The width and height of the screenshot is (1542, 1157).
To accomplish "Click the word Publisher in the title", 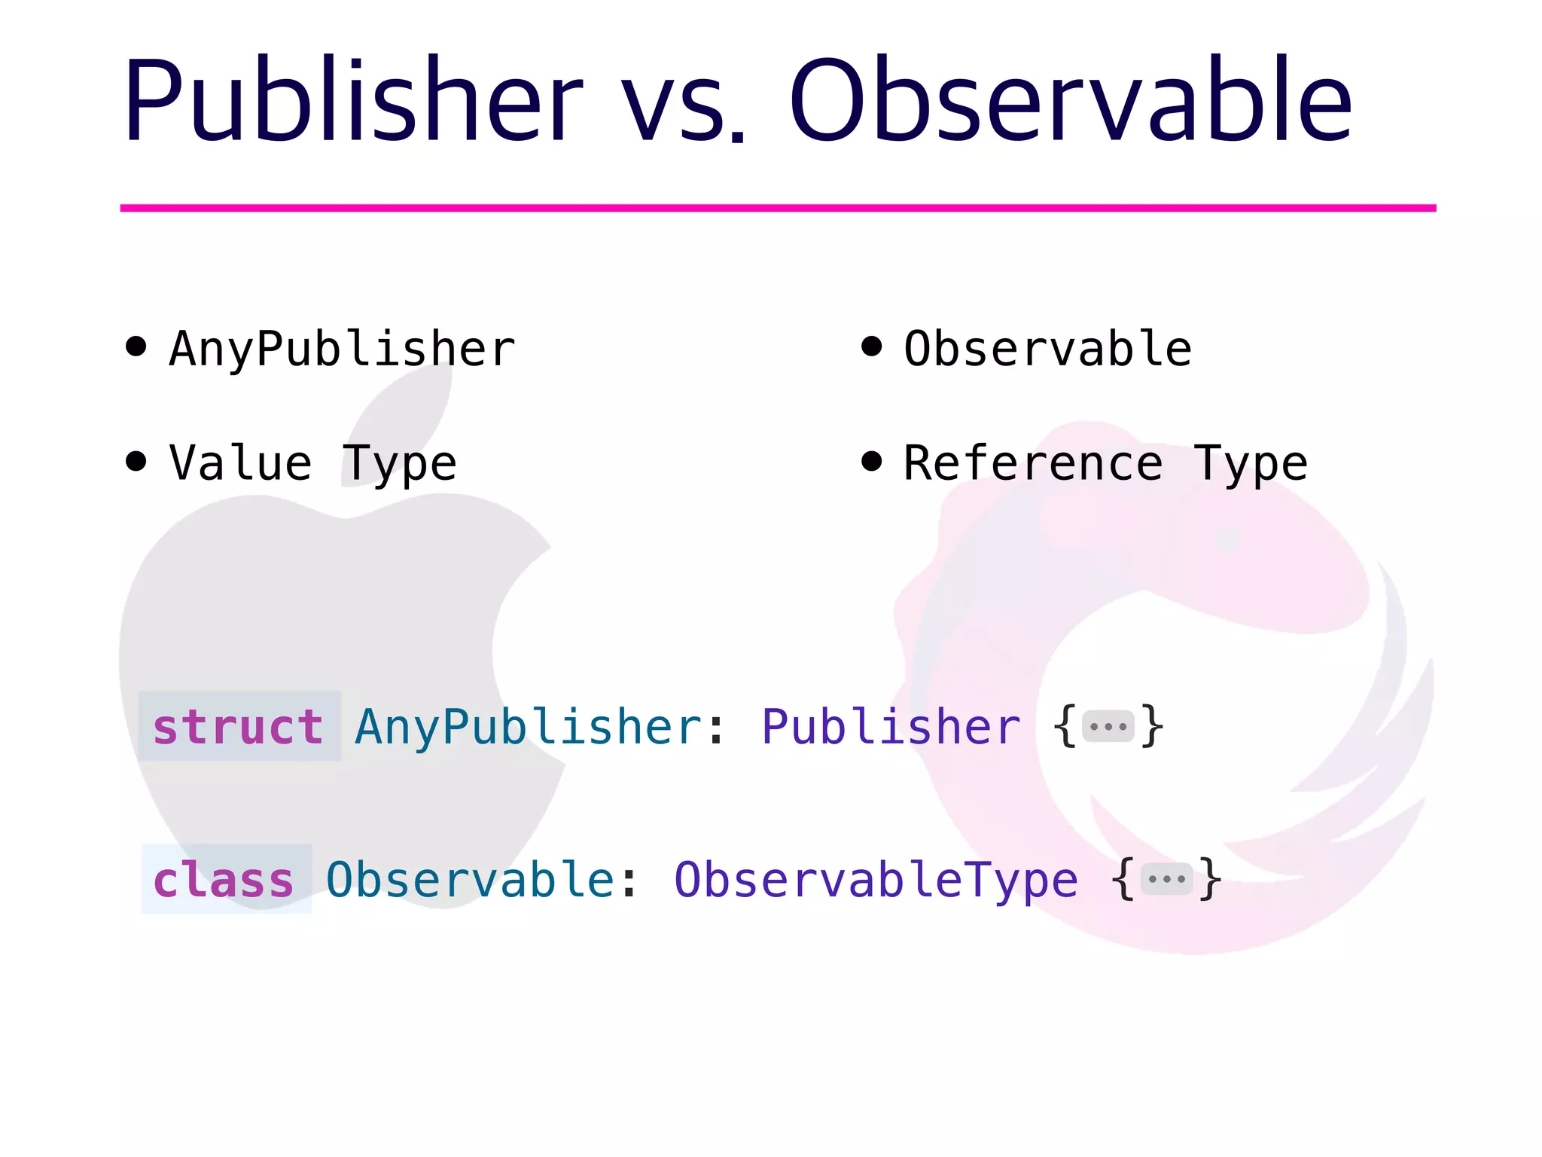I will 352,102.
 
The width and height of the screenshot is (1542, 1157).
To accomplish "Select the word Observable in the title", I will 1070,102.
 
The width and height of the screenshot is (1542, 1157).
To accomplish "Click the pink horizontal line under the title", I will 778,208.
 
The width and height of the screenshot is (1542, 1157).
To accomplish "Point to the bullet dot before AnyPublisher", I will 136,346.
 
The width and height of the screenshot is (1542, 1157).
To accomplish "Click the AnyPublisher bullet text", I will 343,349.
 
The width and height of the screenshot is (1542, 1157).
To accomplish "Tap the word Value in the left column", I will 240,462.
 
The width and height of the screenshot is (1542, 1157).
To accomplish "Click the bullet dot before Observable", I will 871,346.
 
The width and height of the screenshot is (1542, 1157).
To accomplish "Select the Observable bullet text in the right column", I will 1047,349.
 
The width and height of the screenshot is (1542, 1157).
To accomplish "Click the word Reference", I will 1033,462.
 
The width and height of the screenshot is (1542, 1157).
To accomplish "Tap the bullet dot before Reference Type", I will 871,461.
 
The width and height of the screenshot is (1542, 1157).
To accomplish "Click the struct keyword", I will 239,727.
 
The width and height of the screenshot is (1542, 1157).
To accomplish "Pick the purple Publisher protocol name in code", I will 891,727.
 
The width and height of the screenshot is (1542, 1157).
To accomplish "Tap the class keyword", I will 224,880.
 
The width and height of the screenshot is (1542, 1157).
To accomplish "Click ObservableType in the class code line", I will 876,880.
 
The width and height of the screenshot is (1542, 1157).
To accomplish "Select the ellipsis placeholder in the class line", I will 1166,879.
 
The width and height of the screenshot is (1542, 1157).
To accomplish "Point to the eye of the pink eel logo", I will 1228,539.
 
